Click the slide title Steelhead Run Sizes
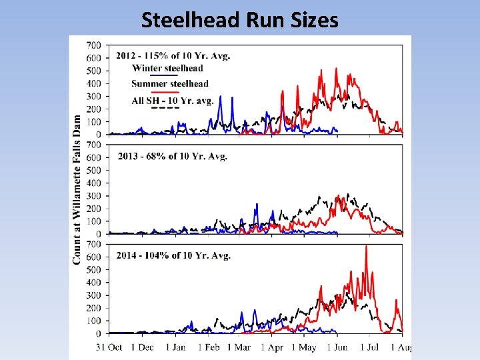tap(239, 20)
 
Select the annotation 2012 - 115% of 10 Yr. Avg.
tap(173, 56)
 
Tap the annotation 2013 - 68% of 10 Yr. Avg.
tap(172, 156)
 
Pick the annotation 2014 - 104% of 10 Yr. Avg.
tap(173, 255)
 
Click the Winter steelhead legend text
tap(167, 68)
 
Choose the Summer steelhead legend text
tap(170, 84)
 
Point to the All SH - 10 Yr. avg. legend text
tap(172, 100)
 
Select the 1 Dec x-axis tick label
tap(142, 347)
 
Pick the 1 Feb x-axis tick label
tap(211, 347)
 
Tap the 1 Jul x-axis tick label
tap(369, 347)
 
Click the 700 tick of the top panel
tap(94, 45)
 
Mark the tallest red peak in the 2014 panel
tap(366, 247)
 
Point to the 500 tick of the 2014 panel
tap(94, 270)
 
